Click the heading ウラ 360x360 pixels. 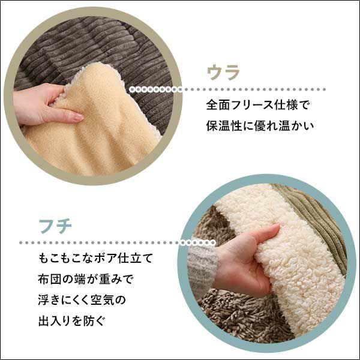223,73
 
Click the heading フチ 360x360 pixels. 55,226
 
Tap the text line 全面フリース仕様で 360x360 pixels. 258,106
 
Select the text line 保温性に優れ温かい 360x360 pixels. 260,126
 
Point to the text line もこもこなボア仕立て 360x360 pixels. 95,258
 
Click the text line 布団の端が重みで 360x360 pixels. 86,279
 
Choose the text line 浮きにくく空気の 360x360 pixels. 82,300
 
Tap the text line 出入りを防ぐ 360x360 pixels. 71,321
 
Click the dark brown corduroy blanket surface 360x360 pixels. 97,46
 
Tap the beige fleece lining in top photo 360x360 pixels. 101,128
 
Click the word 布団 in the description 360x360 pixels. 50,279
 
